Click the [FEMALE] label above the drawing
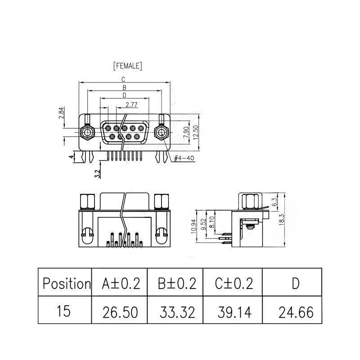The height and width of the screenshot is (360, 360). [128, 66]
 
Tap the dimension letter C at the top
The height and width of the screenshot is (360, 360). [123, 79]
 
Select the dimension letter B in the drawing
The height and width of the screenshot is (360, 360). [123, 87]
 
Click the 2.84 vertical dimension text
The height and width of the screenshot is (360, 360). [62, 113]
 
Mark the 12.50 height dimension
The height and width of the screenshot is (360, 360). [195, 133]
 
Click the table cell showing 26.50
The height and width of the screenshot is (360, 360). [121, 311]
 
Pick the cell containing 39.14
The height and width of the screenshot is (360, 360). [234, 311]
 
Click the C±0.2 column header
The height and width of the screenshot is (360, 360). [234, 283]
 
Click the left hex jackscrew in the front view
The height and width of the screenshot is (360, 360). [86, 133]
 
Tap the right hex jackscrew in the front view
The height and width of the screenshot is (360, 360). [162, 133]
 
